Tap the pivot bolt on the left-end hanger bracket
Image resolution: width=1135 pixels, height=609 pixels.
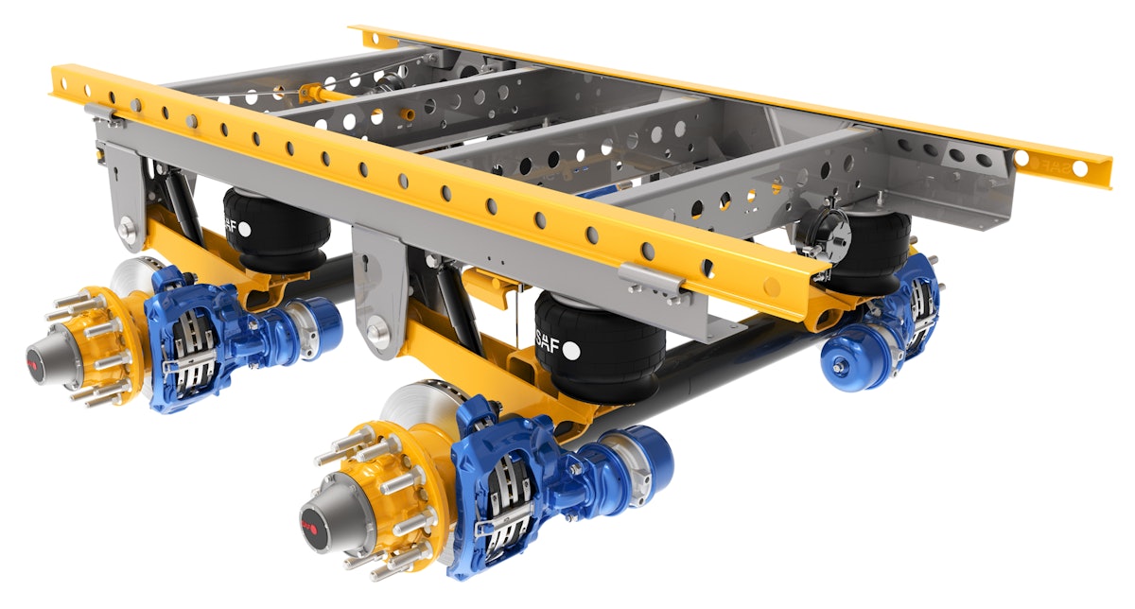127,227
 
